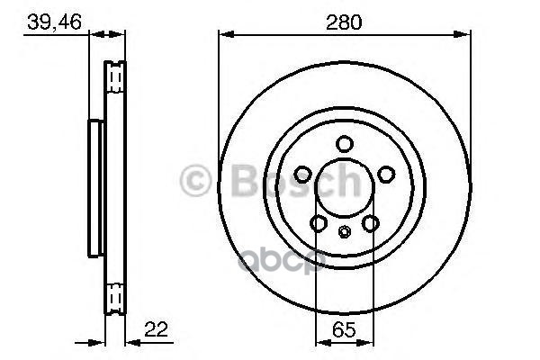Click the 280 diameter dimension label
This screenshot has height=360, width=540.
coord(344,22)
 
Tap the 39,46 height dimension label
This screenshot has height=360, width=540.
coord(54,22)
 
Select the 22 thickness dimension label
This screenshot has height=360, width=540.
coord(156,329)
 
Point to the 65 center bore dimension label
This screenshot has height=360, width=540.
coord(344,330)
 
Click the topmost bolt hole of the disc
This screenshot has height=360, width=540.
coord(344,144)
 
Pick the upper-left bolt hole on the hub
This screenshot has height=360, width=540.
coord(303,174)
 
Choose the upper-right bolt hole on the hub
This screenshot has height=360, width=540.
coord(386,174)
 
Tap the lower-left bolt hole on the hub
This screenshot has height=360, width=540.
coord(319,223)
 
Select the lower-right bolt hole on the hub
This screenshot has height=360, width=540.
coord(371,223)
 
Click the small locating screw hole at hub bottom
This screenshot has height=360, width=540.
coord(344,231)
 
